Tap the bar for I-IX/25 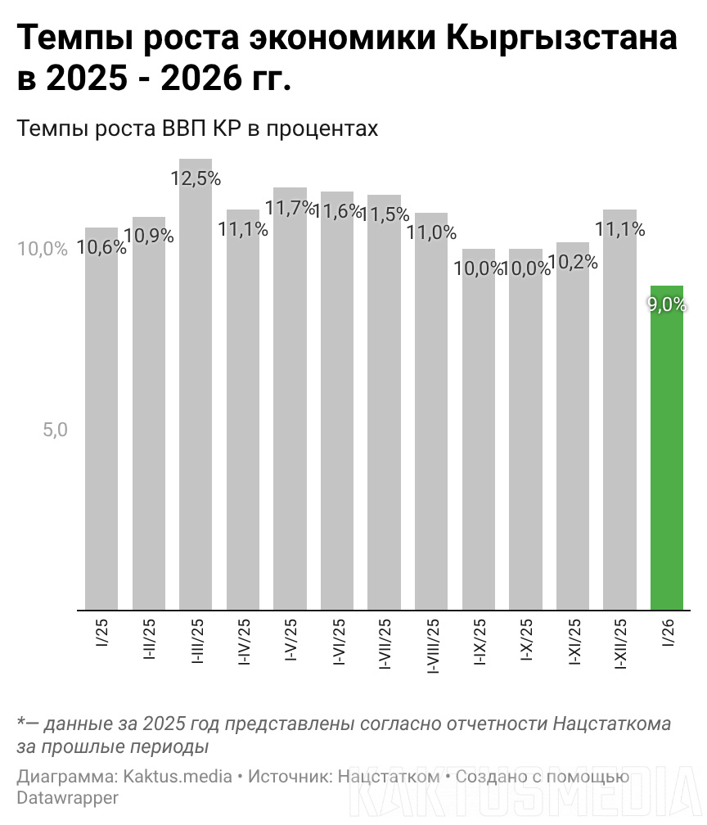(478, 434)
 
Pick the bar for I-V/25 (290, 401)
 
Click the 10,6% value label (101, 246)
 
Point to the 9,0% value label (667, 304)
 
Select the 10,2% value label (573, 263)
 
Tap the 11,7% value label (290, 208)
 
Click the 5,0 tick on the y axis (55, 430)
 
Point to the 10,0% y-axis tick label (43, 249)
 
